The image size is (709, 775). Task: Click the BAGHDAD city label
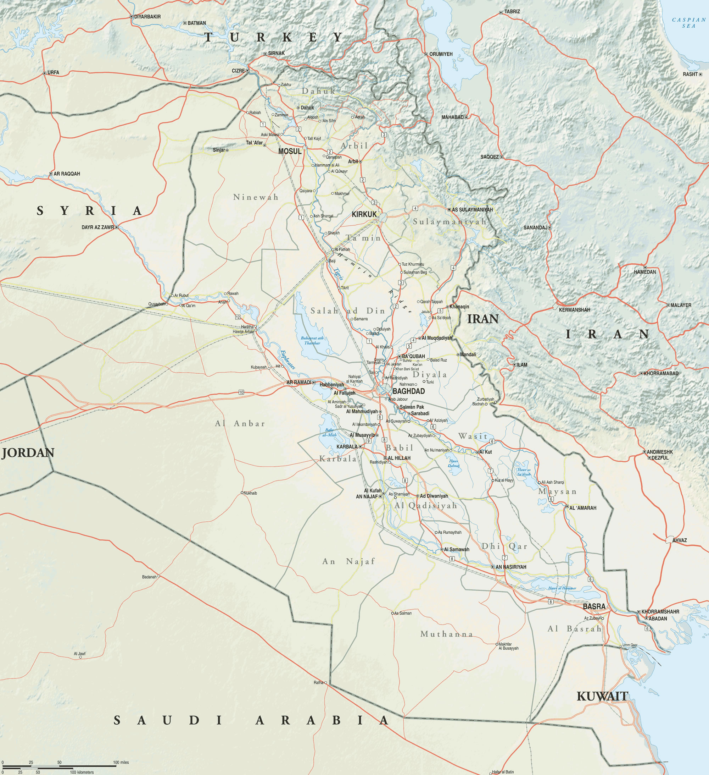click(x=408, y=391)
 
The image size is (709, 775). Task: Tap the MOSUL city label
click(x=290, y=152)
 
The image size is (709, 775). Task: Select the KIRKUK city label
click(x=364, y=214)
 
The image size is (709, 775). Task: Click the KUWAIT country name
click(x=602, y=696)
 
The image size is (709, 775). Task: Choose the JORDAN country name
click(x=28, y=453)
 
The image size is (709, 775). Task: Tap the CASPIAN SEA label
click(x=689, y=23)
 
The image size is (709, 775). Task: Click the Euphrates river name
click(x=287, y=359)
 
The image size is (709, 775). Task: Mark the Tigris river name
click(x=339, y=274)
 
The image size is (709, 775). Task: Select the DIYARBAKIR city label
click(x=147, y=17)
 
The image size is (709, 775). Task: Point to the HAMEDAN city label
click(x=645, y=272)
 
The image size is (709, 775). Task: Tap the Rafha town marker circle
click(x=326, y=683)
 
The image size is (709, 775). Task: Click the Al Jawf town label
click(x=79, y=654)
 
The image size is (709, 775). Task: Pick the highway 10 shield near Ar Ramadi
click(x=241, y=392)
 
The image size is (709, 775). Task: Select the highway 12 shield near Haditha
click(x=238, y=317)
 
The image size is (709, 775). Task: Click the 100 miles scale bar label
click(x=121, y=762)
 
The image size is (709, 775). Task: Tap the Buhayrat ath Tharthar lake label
click(x=312, y=341)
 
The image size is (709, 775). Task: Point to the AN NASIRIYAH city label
click(x=511, y=567)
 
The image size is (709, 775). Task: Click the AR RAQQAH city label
click(x=66, y=174)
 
